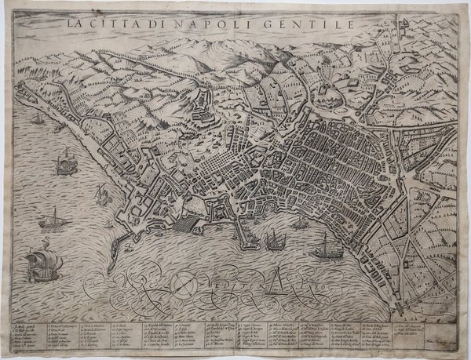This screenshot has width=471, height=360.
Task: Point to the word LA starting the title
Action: (76, 24)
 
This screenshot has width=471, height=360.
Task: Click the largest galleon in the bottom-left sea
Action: (38, 265)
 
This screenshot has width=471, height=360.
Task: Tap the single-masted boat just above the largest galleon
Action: (53, 219)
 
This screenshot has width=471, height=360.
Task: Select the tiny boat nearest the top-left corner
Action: (37, 119)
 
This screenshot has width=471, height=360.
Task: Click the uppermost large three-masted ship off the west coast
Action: (64, 165)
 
